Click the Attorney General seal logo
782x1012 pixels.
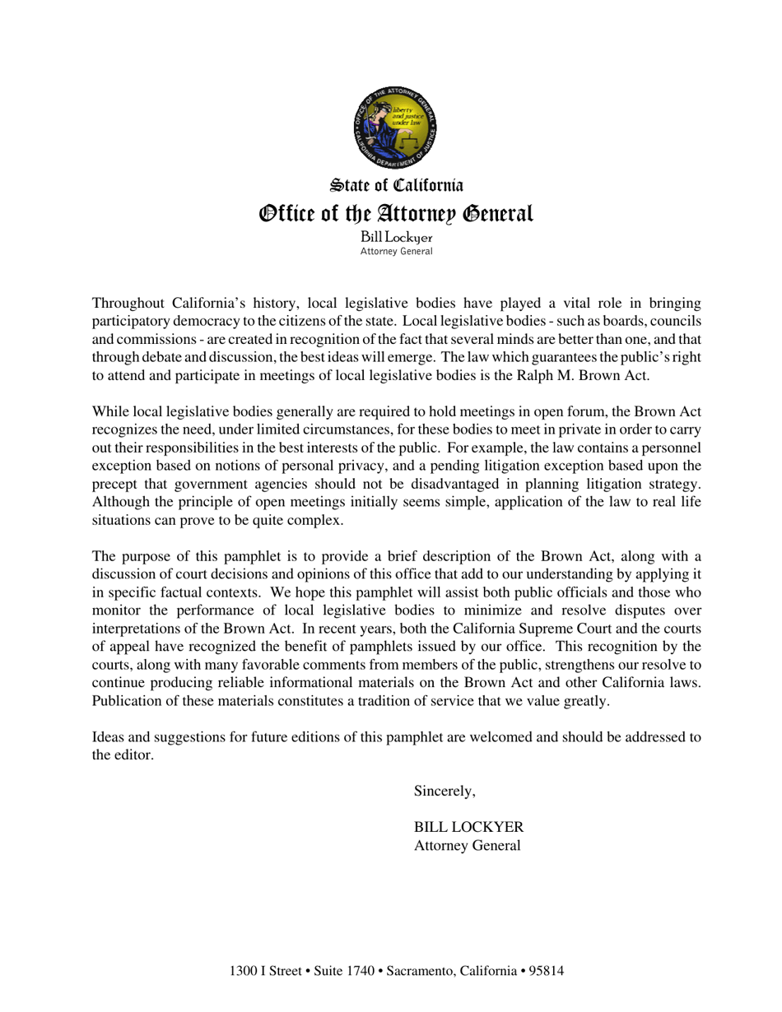(395, 126)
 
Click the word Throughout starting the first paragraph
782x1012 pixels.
(128, 303)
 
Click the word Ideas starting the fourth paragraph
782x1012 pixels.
(109, 736)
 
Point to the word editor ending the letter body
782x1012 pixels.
(134, 755)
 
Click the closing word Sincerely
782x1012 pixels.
(445, 791)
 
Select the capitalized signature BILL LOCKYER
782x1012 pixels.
(468, 827)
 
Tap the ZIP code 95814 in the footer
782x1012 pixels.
(547, 971)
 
